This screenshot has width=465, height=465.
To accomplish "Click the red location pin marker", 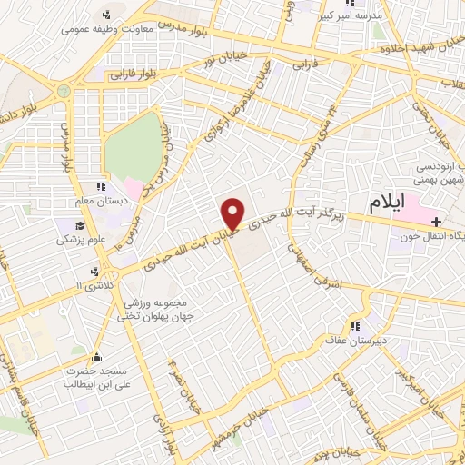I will [232, 213].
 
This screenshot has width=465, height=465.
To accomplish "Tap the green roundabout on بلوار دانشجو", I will [63, 93].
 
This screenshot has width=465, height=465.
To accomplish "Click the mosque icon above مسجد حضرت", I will [98, 357].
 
